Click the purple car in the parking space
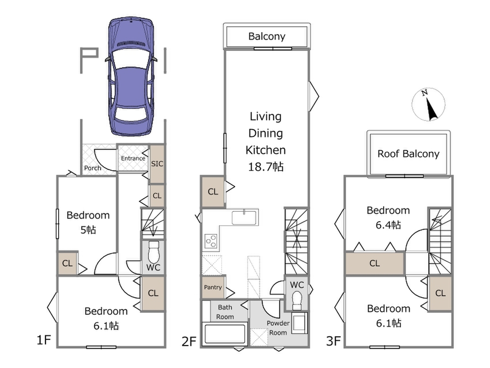tap(131, 76)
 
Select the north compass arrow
tap(430, 106)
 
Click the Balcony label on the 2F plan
tap(267, 36)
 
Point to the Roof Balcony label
tap(408, 154)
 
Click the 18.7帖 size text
tap(266, 167)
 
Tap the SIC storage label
tap(157, 164)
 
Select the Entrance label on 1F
tap(133, 158)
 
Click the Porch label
tap(93, 168)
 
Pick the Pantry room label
tap(213, 287)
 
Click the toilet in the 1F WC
tap(153, 252)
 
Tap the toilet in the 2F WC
tap(297, 301)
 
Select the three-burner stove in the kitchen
tap(211, 241)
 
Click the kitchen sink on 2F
tap(244, 218)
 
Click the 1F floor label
tap(44, 339)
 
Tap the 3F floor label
tap(333, 341)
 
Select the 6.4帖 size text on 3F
tap(388, 225)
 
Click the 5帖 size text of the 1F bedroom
tap(88, 230)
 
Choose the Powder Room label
tap(278, 328)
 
